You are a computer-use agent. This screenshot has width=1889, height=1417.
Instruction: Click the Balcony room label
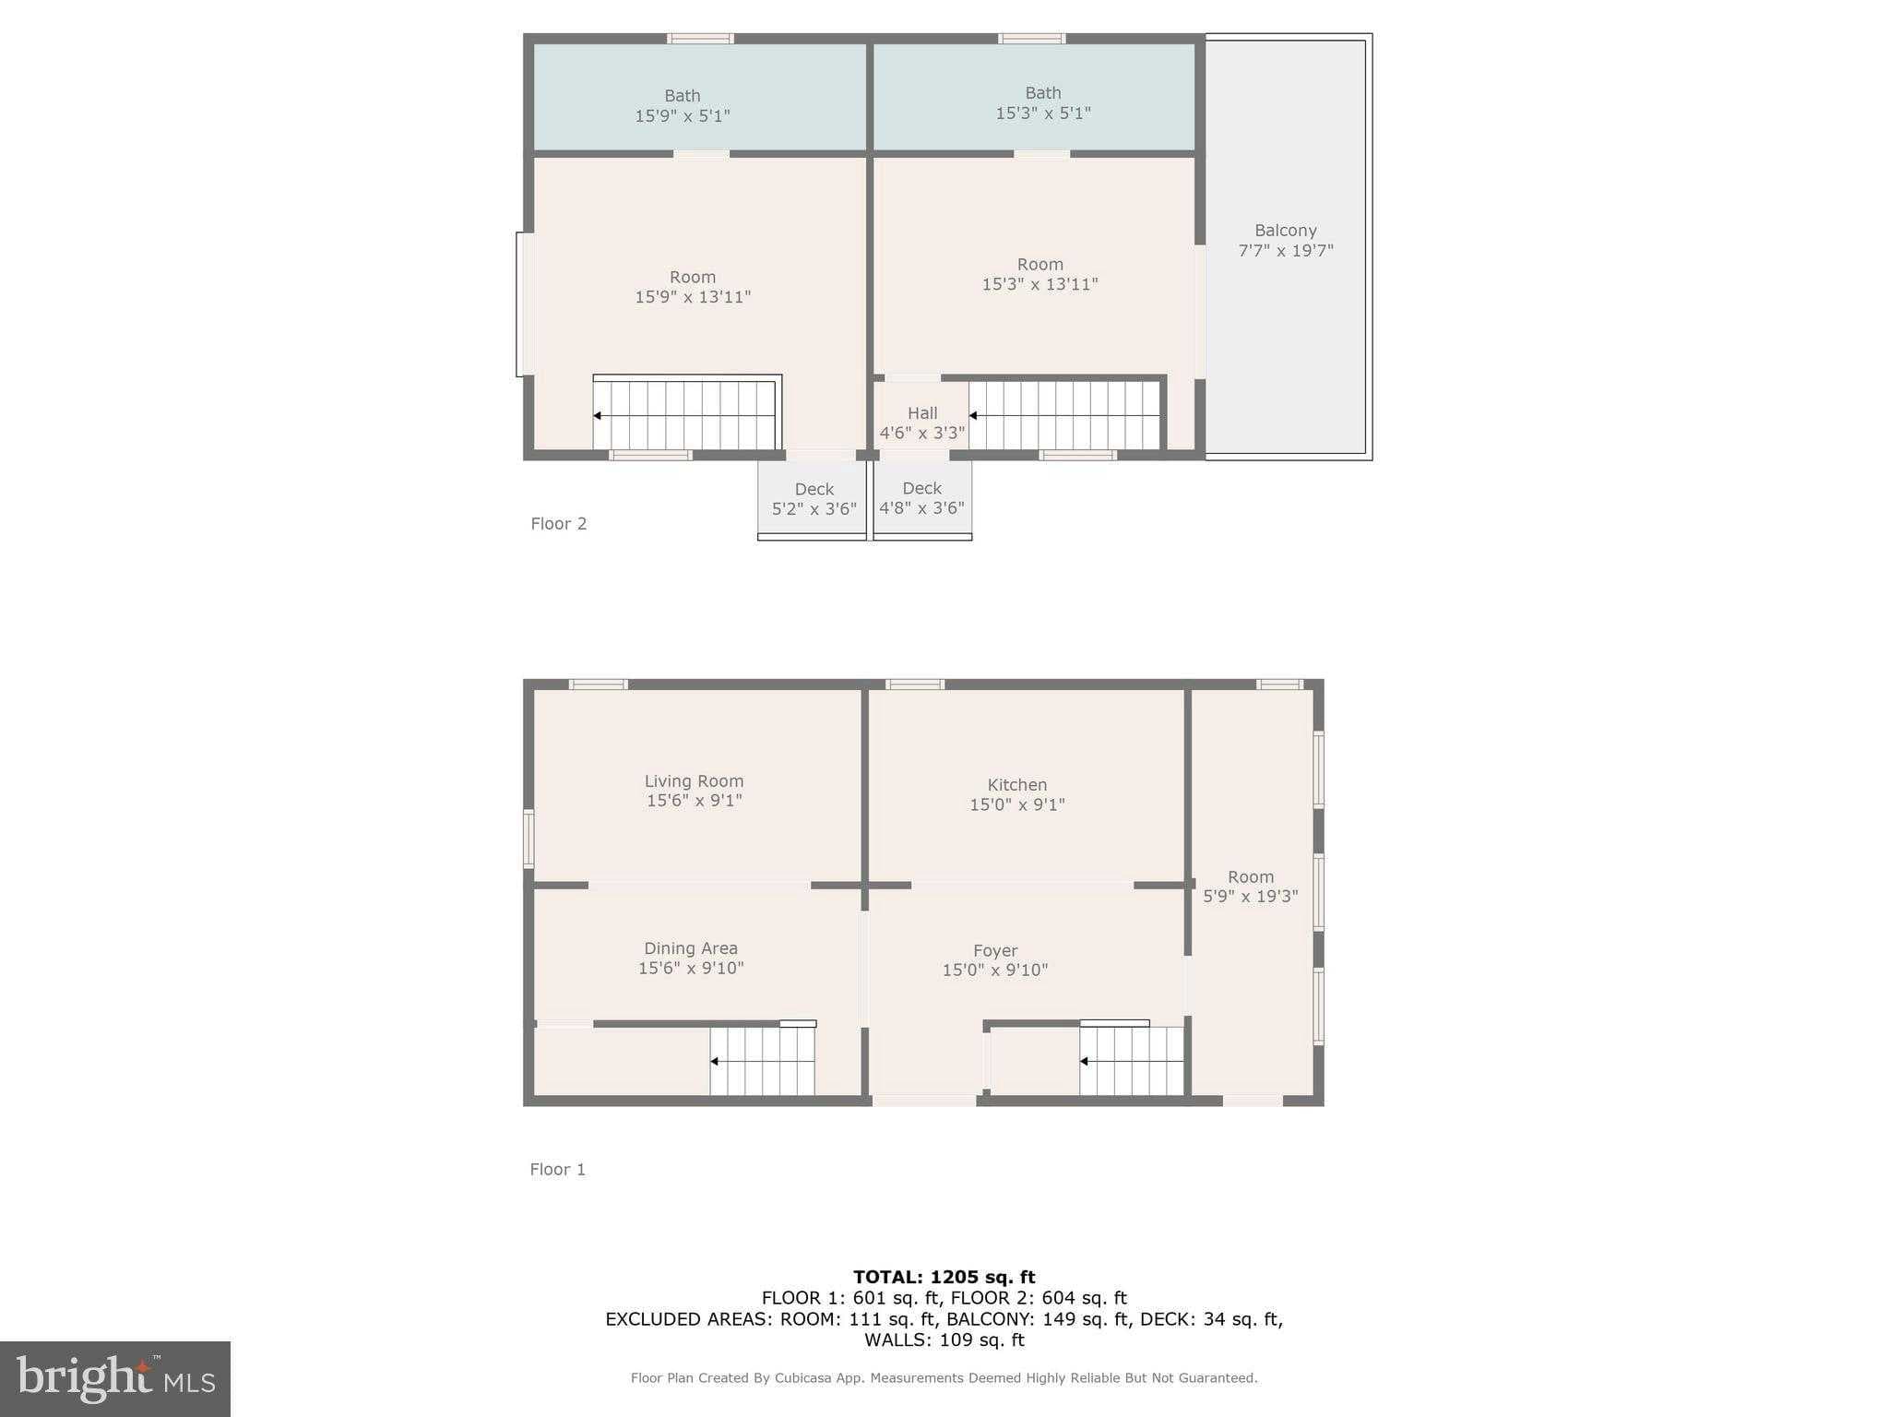coord(1285,231)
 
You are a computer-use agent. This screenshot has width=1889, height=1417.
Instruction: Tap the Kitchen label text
coord(1017,785)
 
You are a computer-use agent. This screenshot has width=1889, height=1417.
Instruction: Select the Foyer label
coord(995,950)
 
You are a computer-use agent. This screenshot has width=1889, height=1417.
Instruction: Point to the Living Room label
coord(694,780)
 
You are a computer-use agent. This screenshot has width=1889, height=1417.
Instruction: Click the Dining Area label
coord(691,948)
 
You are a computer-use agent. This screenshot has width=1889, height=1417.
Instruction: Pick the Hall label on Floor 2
coord(922,412)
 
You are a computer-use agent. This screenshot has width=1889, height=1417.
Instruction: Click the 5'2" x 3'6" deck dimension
coord(814,508)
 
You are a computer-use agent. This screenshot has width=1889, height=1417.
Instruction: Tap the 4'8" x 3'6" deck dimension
coord(921,507)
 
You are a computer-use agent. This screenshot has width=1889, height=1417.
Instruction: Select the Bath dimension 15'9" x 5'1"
coord(683,115)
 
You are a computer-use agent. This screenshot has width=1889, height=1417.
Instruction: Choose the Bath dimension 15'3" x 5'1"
coord(1043,113)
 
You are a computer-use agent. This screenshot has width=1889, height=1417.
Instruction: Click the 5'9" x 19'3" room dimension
coord(1251,896)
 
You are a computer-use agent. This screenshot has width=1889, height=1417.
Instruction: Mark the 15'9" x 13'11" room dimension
coord(693,296)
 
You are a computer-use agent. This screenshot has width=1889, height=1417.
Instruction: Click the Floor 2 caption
coord(559,523)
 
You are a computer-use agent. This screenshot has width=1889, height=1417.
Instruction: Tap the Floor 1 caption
coord(558,1169)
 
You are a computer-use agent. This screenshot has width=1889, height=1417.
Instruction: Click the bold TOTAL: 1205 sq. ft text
coord(944,1277)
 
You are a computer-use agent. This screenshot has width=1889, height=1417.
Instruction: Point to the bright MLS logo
coord(115,1379)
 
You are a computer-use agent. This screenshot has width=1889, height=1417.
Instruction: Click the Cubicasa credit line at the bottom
coord(944,1377)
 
